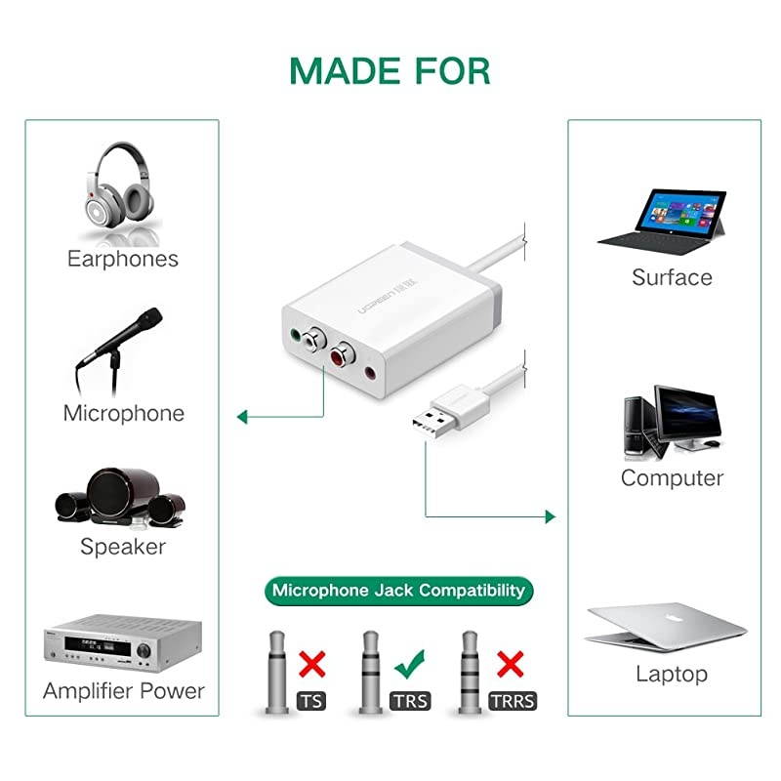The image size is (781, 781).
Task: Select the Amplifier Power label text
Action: (x=123, y=691)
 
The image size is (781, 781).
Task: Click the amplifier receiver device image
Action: (x=122, y=639)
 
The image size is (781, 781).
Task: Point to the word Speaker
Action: (x=123, y=547)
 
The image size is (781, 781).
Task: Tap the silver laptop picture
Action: (x=667, y=625)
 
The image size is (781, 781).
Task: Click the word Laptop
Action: (x=672, y=674)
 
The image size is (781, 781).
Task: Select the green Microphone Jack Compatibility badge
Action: (x=398, y=590)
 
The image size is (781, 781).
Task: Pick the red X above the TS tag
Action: (x=312, y=665)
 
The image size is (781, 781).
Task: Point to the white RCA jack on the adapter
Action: (x=314, y=342)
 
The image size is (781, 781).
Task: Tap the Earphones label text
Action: (x=123, y=259)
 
